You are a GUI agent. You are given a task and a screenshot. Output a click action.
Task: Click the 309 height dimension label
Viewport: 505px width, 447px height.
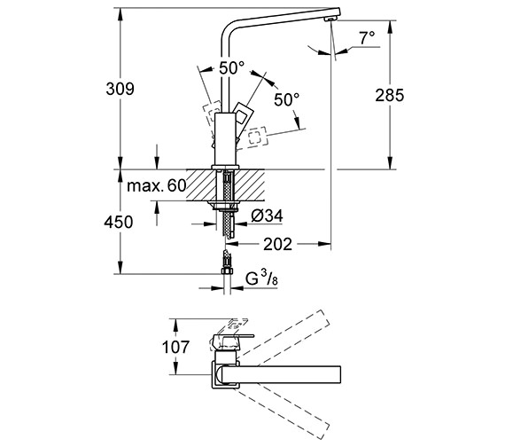point(120,89)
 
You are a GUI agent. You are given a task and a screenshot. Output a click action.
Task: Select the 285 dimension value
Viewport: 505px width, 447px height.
point(389,95)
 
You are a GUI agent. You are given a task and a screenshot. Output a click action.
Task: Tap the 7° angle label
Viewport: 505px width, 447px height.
point(368,38)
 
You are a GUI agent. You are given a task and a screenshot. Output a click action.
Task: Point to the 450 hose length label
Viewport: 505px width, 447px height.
point(118,223)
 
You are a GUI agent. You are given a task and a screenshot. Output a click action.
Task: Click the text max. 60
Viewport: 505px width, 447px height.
point(157,185)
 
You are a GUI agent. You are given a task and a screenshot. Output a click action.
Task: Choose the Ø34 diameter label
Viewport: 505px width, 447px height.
point(267,216)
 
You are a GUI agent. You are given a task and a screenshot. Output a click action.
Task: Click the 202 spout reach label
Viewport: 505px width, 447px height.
point(277,244)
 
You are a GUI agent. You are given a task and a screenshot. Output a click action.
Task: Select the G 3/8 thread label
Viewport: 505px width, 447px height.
point(261,278)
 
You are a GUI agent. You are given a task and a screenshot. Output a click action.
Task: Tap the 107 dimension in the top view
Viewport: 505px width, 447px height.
point(175,347)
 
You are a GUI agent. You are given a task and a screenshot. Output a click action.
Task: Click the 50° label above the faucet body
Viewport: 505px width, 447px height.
point(231,68)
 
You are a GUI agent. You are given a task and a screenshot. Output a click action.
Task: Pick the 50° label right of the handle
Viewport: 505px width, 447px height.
point(287,99)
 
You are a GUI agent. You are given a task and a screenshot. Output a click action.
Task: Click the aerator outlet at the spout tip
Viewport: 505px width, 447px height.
point(330,20)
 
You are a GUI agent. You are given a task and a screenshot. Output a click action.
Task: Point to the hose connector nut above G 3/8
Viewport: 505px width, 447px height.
point(227,271)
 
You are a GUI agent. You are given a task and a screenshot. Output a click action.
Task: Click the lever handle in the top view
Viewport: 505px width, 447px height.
point(230,341)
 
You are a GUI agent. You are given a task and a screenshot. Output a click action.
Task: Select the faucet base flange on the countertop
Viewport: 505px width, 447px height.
point(225,167)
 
